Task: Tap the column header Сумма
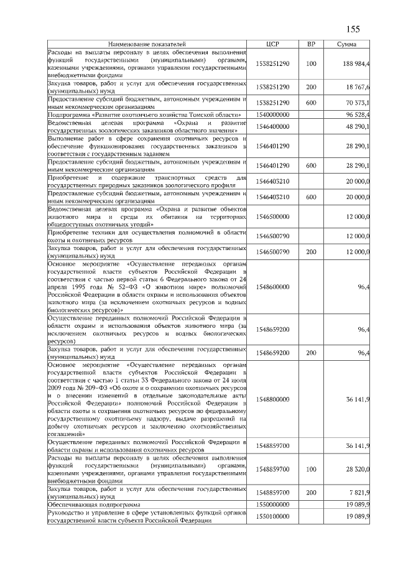[346, 45]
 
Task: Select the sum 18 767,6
[358, 87]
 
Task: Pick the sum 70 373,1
[358, 102]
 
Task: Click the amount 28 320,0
[358, 468]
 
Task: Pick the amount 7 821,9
[359, 491]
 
